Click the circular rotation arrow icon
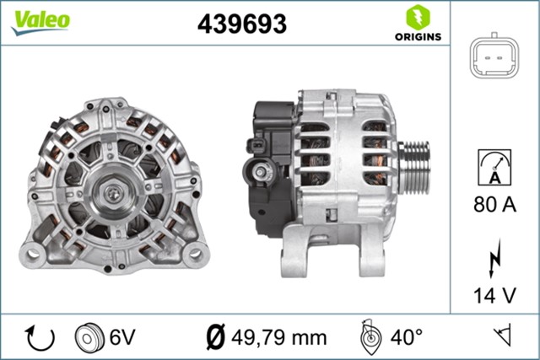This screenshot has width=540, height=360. pos(40,337)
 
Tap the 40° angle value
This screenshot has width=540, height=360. pos(407,337)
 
